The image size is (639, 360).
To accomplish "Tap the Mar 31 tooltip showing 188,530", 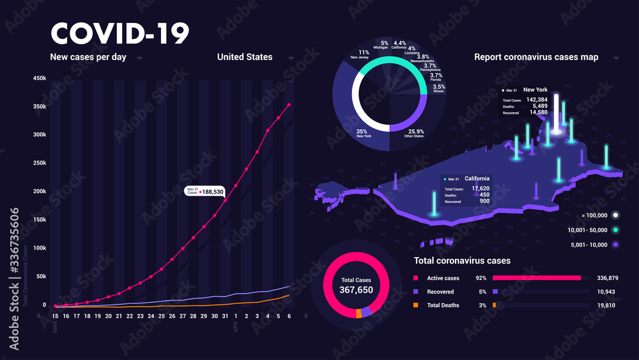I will (x=205, y=191).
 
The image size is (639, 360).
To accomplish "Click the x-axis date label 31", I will (x=225, y=316).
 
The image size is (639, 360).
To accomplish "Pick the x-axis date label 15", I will (x=56, y=316).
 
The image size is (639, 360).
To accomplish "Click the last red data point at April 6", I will (x=289, y=105).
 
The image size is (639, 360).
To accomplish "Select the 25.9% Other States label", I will (x=414, y=132).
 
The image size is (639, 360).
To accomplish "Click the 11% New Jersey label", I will (x=363, y=54).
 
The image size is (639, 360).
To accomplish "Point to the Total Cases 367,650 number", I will (x=357, y=290).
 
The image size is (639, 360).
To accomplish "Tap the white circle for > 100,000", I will (x=615, y=215).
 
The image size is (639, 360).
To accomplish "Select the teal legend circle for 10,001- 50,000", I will (x=615, y=230).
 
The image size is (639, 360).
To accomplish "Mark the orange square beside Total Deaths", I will (x=416, y=305).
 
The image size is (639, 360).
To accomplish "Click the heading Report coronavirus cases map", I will (x=536, y=57).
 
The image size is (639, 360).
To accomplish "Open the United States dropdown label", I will (x=245, y=57).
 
